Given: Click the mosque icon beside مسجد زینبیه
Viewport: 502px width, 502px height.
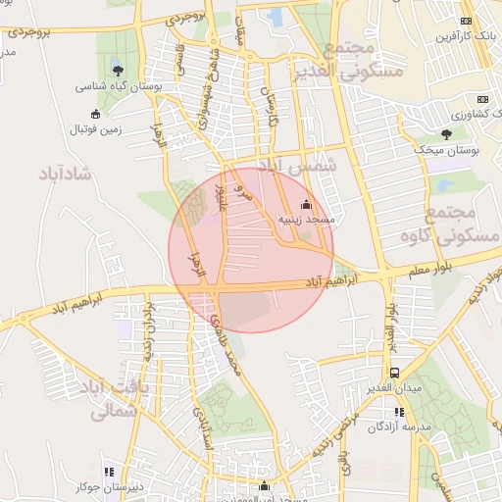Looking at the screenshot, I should point(306,204).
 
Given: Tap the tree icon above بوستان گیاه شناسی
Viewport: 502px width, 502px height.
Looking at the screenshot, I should point(118,70).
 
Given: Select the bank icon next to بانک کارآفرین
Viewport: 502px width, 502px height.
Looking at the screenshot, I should point(465,21).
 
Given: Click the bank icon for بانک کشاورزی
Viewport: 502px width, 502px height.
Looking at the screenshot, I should point(481,99).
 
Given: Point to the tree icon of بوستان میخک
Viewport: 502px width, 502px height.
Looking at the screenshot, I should point(446,133).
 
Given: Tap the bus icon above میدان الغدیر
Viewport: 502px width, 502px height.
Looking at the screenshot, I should point(394,374).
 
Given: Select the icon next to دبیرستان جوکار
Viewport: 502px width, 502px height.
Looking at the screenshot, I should point(108,472).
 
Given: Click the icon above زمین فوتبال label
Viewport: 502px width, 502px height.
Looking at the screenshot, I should point(95,113).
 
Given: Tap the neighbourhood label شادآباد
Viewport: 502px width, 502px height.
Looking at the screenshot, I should point(63,175).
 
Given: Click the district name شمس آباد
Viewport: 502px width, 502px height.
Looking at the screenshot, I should point(298,167).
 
